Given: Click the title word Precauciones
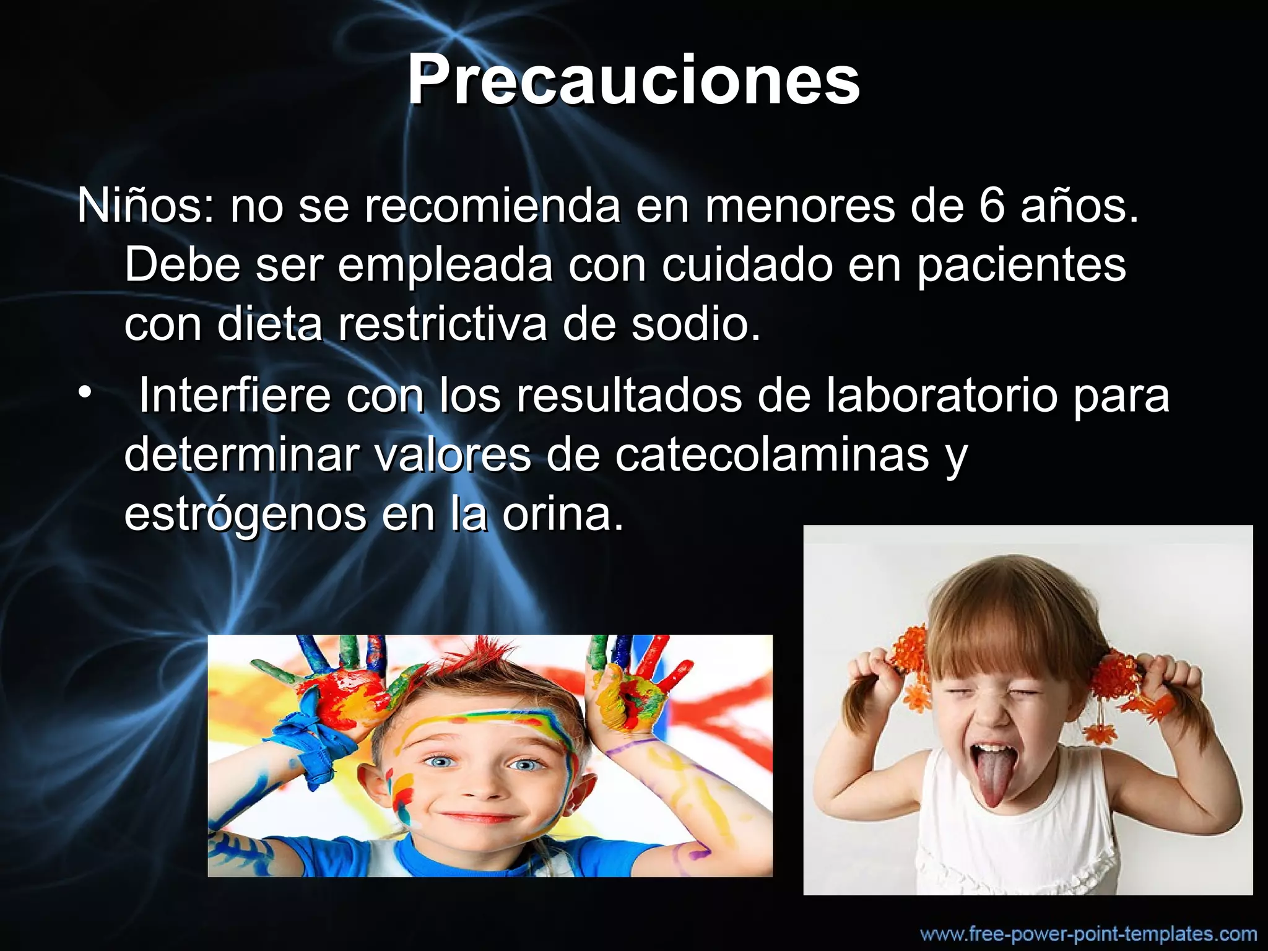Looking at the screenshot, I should tap(633, 80).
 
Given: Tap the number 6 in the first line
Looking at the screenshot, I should tap(992, 206).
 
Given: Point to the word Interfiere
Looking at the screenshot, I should tap(235, 395).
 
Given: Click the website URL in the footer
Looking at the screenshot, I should tap(1088, 934).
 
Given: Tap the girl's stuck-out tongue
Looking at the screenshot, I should tap(992, 777).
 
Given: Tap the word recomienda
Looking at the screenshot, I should tap(492, 206).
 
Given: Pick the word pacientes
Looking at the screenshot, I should tap(1021, 265).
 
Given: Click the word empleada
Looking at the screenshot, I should tap(445, 265).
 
